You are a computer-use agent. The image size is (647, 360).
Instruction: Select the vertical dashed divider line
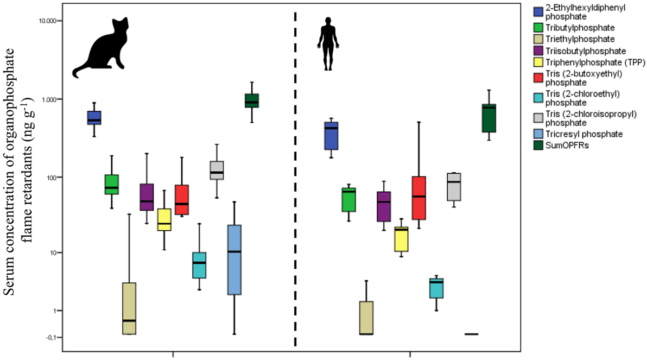[x=295, y=179]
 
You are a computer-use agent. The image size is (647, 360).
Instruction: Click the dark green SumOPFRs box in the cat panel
[x=251, y=100]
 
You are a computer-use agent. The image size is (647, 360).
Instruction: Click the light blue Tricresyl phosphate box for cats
[x=234, y=260]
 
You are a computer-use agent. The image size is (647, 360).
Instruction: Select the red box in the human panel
[x=418, y=198]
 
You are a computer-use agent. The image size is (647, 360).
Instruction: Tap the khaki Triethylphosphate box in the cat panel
[x=129, y=308]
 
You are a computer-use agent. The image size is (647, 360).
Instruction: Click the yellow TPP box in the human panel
[x=401, y=239]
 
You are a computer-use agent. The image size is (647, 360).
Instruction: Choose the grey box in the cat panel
[x=217, y=170]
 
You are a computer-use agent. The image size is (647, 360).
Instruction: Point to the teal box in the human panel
[x=436, y=288]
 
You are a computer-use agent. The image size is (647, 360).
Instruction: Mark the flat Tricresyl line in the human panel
[x=471, y=334]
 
